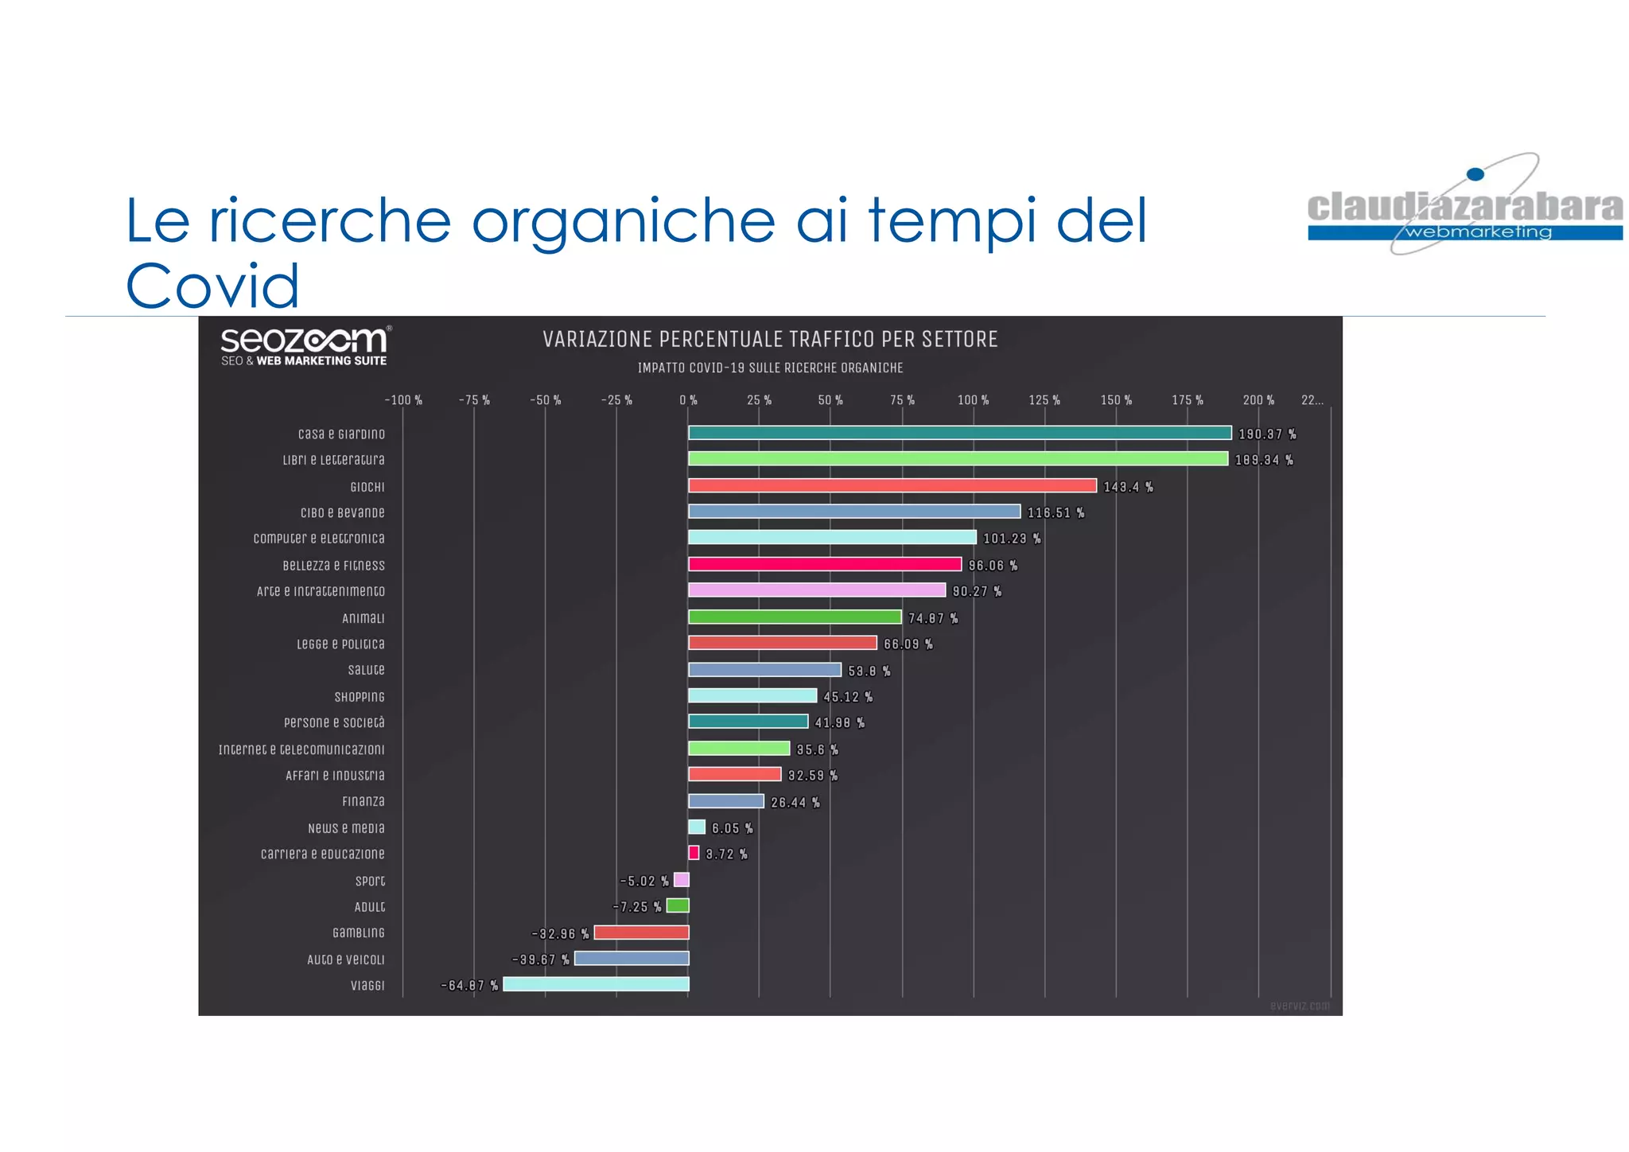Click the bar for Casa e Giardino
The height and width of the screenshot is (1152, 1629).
click(959, 433)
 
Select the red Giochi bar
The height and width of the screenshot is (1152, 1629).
click(892, 485)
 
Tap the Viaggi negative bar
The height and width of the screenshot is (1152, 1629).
click(596, 984)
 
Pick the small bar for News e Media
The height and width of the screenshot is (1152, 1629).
click(697, 827)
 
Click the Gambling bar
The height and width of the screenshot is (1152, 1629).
click(641, 932)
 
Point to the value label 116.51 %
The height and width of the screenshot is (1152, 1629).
click(1056, 513)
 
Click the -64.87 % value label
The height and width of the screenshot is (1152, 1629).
click(469, 986)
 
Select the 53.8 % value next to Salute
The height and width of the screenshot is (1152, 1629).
click(869, 671)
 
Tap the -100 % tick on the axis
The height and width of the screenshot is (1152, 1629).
click(403, 400)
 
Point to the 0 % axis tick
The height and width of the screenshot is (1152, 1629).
click(688, 400)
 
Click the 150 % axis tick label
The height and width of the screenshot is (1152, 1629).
click(1116, 400)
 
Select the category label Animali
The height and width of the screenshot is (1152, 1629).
click(363, 618)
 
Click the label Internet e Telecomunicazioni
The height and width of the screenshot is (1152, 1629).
click(301, 749)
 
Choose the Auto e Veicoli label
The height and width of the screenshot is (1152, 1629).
click(345, 959)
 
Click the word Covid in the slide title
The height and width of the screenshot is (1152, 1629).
click(212, 286)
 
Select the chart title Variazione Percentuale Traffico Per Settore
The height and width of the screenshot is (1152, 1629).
click(770, 340)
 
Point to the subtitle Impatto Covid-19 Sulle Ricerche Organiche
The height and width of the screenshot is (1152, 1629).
click(770, 368)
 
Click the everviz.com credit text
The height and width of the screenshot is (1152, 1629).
click(1299, 1006)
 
